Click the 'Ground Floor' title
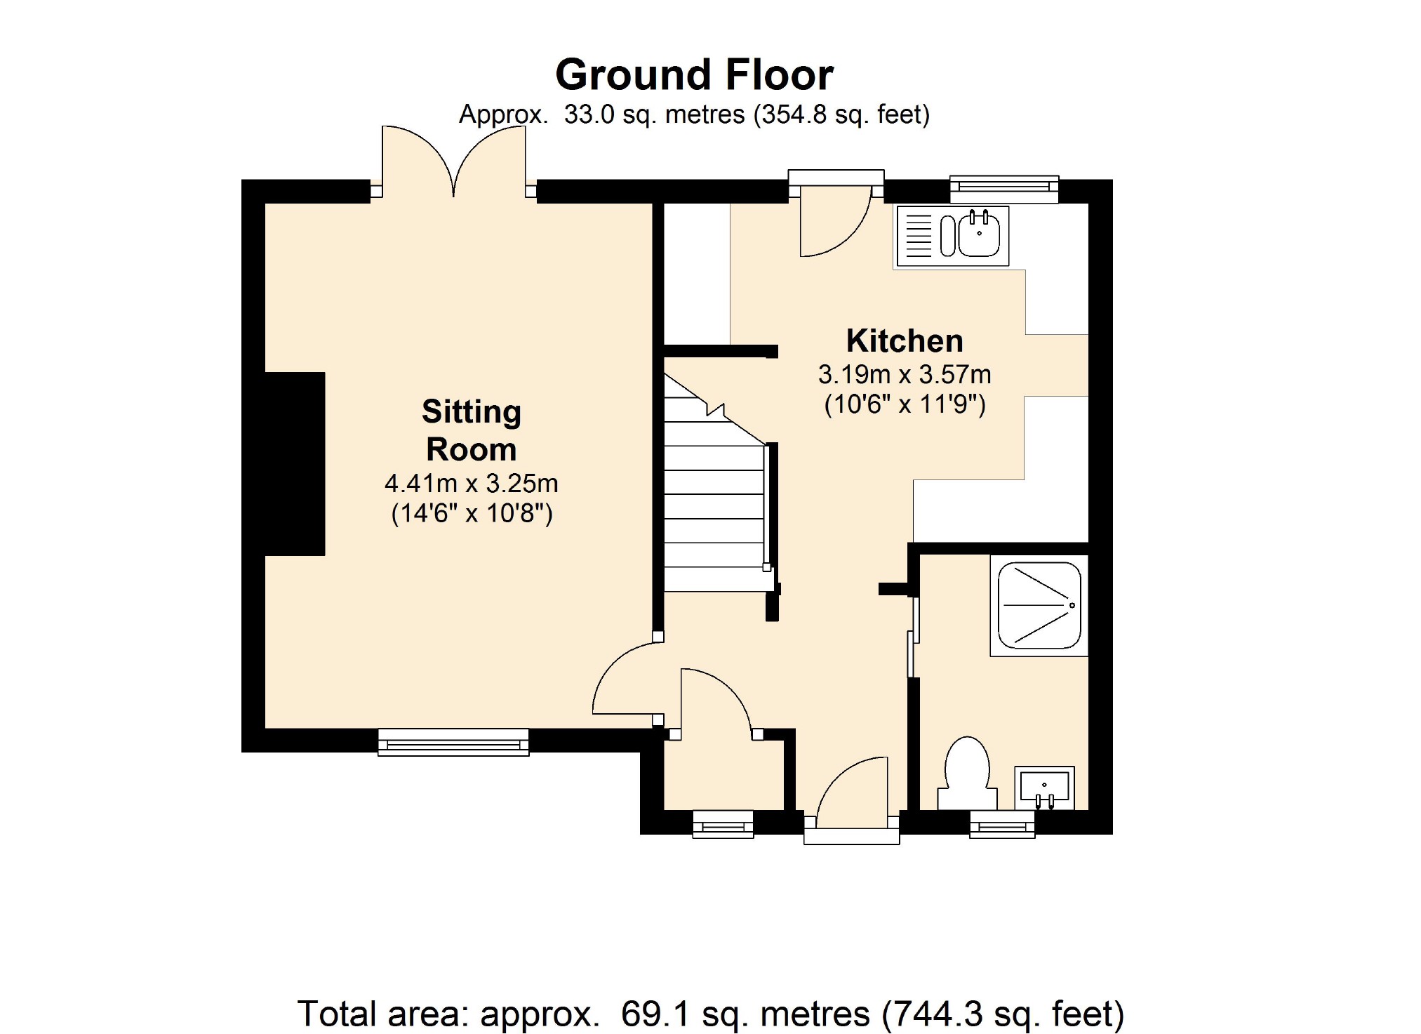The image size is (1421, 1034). [x=694, y=74]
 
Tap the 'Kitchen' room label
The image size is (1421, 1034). [x=905, y=341]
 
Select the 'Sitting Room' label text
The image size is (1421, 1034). [x=472, y=430]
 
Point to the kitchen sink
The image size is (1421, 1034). [x=952, y=236]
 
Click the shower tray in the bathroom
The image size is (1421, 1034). [x=1039, y=605]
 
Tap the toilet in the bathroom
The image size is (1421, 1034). [x=968, y=773]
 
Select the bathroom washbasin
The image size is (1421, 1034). [x=1044, y=788]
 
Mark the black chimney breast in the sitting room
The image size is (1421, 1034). [x=295, y=464]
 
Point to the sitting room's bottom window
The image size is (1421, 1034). [x=453, y=742]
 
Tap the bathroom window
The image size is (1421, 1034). [x=1003, y=825]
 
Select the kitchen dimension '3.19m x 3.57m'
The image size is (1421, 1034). [x=905, y=374]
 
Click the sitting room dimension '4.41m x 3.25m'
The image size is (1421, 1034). [x=472, y=483]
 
